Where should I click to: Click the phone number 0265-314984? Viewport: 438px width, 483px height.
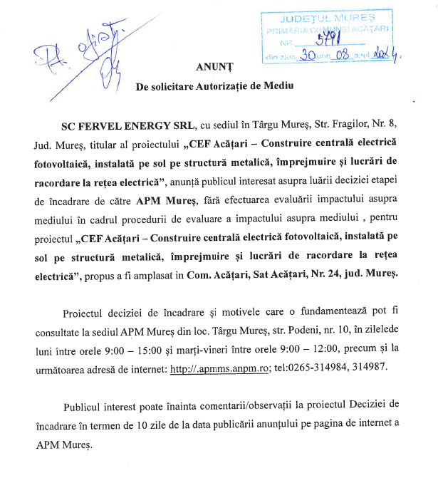(316, 368)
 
